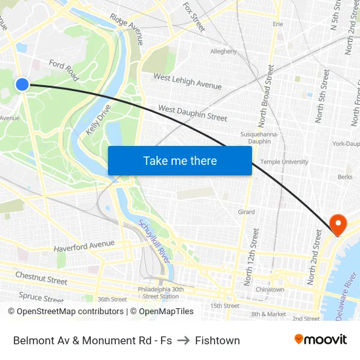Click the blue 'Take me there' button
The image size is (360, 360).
[180, 161]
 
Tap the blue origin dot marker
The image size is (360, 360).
[22, 84]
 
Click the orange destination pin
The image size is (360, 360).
[338, 225]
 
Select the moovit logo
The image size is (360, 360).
[321, 340]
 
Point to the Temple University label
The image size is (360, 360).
[284, 162]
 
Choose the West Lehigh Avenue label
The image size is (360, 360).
[187, 81]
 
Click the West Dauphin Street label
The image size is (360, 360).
[192, 113]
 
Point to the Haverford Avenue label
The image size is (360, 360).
[84, 247]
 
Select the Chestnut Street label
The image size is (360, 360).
[41, 278]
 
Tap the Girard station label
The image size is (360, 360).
[246, 212]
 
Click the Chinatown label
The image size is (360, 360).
[270, 289]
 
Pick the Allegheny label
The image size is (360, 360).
[223, 51]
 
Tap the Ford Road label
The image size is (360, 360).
[64, 69]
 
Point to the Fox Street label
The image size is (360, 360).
[194, 16]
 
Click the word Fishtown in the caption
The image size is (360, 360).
[217, 340]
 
